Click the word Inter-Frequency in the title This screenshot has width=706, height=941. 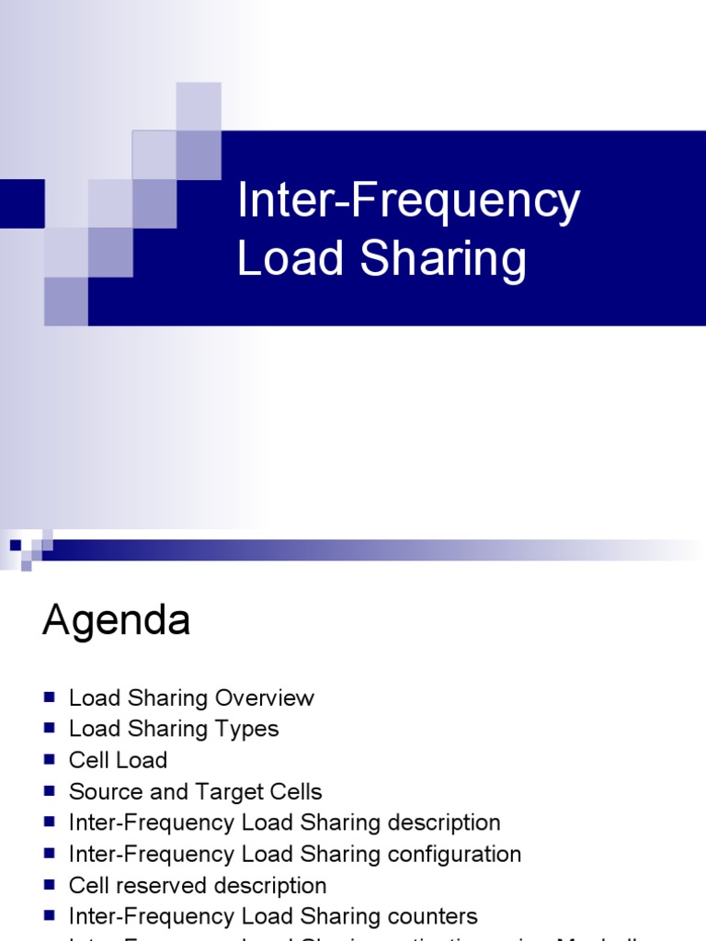pos(408,202)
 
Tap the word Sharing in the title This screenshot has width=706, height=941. pos(444,258)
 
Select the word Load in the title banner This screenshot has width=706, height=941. pos(292,258)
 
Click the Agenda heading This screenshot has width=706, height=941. pos(116,622)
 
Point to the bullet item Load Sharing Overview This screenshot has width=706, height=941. pos(191,698)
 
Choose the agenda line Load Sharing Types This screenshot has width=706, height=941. pos(174,730)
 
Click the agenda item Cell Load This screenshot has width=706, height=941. pos(118,761)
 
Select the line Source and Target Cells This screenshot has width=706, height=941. pos(195,792)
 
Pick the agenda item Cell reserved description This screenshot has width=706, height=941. pos(198,886)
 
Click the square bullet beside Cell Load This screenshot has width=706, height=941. pos(50,760)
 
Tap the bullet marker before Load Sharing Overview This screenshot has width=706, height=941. pos(50,697)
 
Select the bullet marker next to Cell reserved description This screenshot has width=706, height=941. pos(50,885)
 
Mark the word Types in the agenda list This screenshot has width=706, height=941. pos(251,730)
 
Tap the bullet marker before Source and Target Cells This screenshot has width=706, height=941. pos(50,791)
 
